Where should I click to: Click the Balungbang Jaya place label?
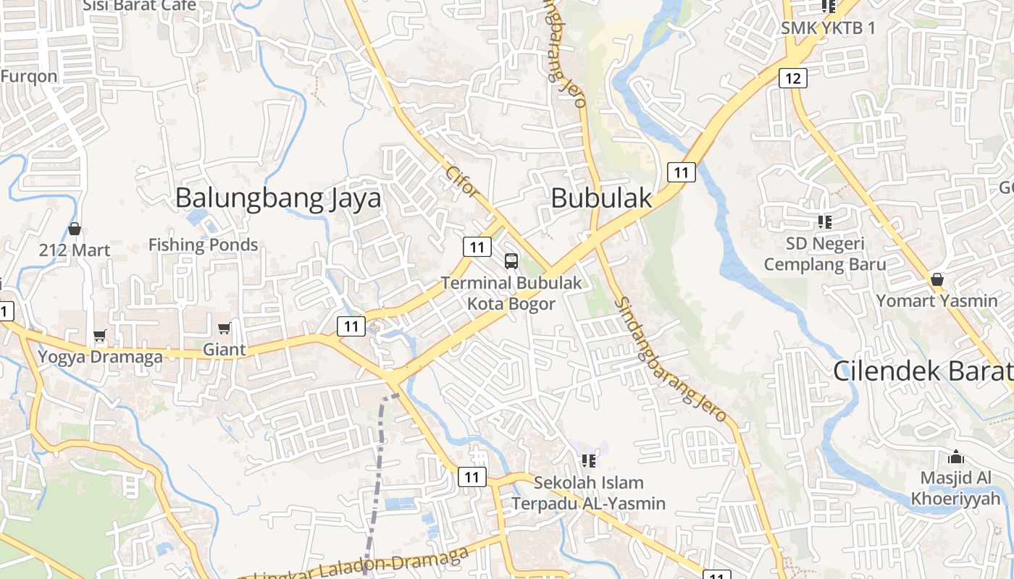coord(277,198)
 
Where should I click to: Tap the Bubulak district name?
coord(601,198)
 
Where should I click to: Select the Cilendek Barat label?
coord(923,371)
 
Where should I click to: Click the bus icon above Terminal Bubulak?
coord(511,261)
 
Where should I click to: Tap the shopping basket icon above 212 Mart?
coord(74,229)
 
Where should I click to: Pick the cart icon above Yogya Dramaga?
coord(99,336)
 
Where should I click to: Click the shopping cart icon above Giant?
coord(224,329)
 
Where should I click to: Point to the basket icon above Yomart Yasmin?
coord(937,279)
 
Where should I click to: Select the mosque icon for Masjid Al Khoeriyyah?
coord(956,457)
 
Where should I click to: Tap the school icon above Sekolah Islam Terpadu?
coord(588,460)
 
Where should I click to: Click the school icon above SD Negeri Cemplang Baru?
coord(824,221)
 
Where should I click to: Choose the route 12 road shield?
coord(793,78)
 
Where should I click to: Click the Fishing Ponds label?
coord(203,245)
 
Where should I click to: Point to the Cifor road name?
coord(462,182)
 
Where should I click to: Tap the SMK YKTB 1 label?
coord(828,28)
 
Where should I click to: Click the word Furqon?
coord(29,77)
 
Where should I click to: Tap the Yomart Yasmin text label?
coord(937,300)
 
